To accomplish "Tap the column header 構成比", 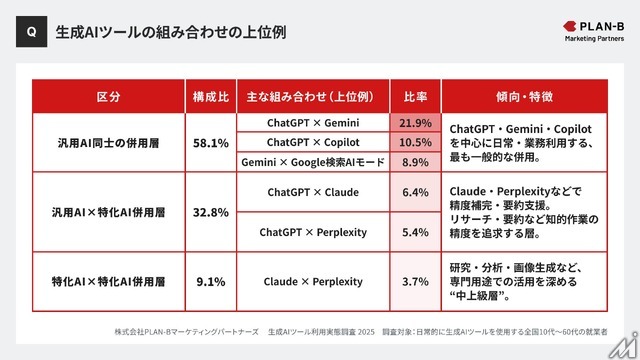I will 210,98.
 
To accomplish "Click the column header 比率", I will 415,98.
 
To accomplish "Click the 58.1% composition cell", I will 210,143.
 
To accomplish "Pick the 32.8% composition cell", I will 210,212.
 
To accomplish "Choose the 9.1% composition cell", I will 210,281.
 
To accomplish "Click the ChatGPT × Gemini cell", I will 313,123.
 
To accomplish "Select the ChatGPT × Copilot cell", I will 313,142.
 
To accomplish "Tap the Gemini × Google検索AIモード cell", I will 313,162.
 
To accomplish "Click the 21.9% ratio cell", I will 415,123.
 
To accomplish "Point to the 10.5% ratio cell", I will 415,142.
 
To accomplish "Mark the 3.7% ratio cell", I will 415,281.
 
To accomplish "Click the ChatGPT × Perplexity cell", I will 313,232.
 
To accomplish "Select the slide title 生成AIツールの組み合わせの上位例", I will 171,31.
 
